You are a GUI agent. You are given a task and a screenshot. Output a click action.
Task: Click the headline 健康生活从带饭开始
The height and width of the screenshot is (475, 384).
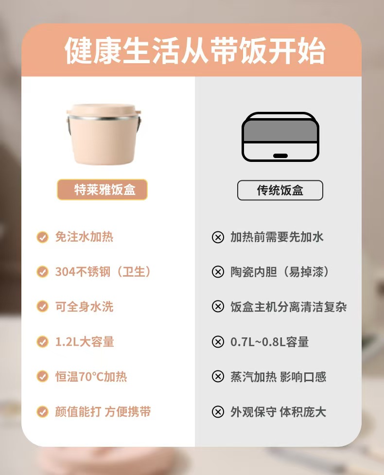click(195, 51)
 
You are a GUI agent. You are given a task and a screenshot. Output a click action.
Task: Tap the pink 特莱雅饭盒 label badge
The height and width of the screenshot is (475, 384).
click(103, 190)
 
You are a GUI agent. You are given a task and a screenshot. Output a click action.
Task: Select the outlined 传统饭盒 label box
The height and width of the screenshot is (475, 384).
click(280, 190)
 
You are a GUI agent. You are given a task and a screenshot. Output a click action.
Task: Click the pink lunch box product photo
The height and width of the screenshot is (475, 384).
click(104, 134)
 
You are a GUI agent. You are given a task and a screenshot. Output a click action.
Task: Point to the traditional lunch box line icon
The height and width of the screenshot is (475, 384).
click(280, 137)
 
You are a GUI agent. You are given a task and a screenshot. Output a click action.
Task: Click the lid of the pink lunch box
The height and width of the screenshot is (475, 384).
click(104, 110)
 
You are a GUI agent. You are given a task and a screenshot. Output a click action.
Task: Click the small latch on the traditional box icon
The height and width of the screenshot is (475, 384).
click(280, 156)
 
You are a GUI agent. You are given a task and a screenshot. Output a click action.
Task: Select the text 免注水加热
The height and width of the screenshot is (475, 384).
click(84, 237)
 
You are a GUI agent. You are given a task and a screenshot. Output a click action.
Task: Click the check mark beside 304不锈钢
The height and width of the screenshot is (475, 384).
click(42, 272)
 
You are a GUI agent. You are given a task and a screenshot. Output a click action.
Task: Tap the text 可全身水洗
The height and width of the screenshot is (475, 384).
click(84, 307)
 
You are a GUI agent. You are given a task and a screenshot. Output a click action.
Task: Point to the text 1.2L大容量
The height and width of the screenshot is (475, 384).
click(85, 342)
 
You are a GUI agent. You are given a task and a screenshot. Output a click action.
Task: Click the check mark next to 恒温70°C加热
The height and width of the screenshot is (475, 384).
click(42, 376)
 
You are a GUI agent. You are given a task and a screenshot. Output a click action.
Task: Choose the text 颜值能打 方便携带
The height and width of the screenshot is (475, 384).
click(103, 412)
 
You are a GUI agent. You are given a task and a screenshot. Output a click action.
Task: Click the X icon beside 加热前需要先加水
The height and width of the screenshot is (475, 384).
click(218, 237)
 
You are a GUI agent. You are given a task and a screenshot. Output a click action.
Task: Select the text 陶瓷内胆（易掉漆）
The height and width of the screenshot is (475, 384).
click(279, 272)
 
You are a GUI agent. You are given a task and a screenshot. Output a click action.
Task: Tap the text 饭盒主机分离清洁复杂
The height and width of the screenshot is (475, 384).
click(289, 307)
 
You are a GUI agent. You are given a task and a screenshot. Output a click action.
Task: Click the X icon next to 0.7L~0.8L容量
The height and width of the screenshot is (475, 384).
click(218, 342)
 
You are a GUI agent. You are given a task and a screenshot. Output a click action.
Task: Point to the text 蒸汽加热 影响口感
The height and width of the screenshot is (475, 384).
click(279, 377)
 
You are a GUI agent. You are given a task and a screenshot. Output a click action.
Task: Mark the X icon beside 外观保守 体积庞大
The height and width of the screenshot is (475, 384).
click(218, 412)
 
